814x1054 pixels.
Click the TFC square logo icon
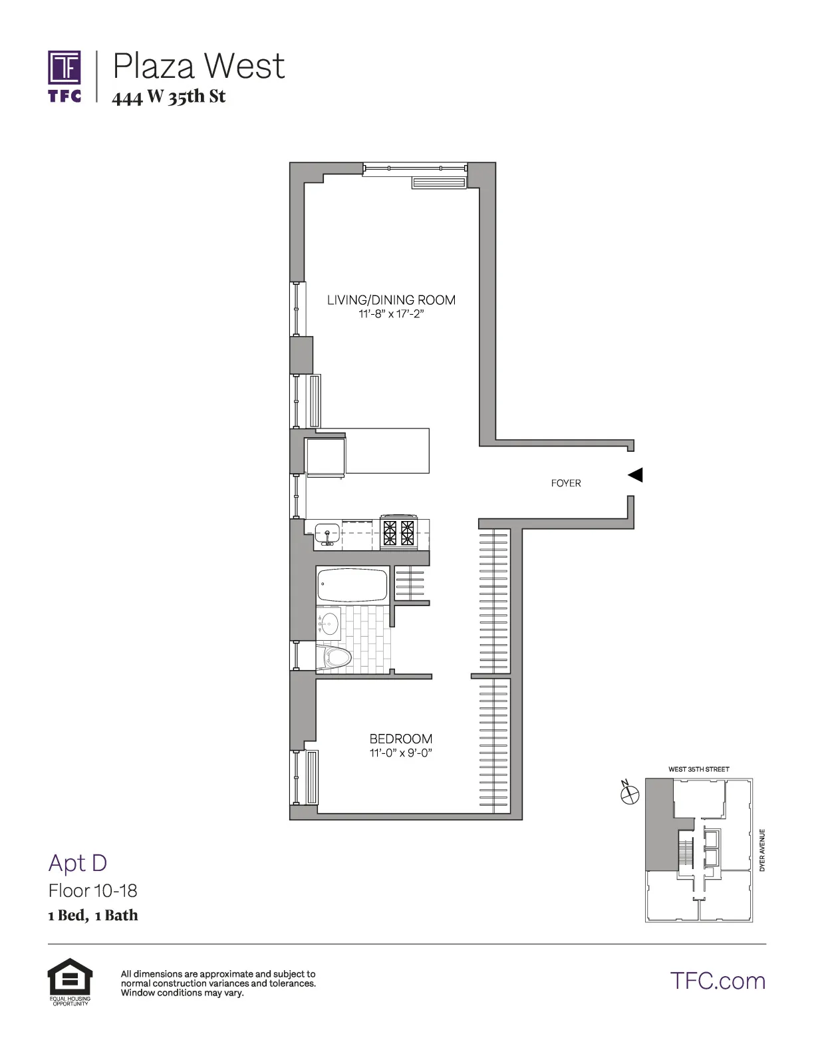point(65,69)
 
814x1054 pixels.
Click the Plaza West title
point(199,66)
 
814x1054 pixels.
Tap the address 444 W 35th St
point(169,97)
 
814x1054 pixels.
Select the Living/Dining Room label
point(391,300)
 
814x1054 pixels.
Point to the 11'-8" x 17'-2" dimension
point(391,314)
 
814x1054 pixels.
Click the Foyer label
point(566,483)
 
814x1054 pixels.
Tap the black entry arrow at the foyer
point(636,474)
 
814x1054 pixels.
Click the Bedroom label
point(401,739)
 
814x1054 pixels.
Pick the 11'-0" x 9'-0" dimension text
point(401,753)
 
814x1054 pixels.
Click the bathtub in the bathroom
point(352,584)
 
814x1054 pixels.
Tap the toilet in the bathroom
point(336,658)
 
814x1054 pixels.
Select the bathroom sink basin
point(329,624)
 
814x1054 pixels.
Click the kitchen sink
point(327,533)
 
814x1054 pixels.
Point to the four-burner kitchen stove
point(398,533)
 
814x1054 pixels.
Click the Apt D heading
point(78,863)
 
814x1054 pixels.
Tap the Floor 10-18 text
point(93,890)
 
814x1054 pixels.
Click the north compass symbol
point(629,793)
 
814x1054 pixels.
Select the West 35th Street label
point(698,769)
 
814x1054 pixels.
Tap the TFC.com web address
point(718,981)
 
